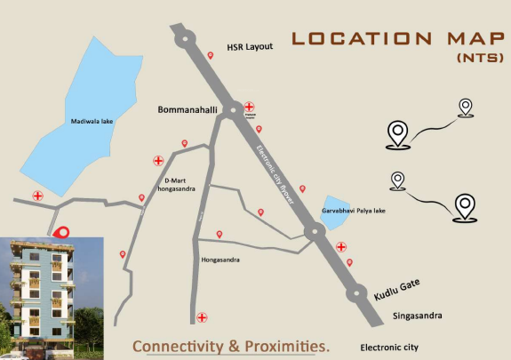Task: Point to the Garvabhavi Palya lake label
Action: [x=354, y=211]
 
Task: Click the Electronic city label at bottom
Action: [x=388, y=347]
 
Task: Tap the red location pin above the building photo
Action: [x=61, y=233]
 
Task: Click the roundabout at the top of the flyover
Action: [x=185, y=36]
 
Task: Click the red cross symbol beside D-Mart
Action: [x=159, y=161]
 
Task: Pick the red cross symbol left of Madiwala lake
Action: [x=38, y=196]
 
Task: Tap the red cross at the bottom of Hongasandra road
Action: [x=203, y=316]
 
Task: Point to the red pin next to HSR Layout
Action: [x=211, y=55]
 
